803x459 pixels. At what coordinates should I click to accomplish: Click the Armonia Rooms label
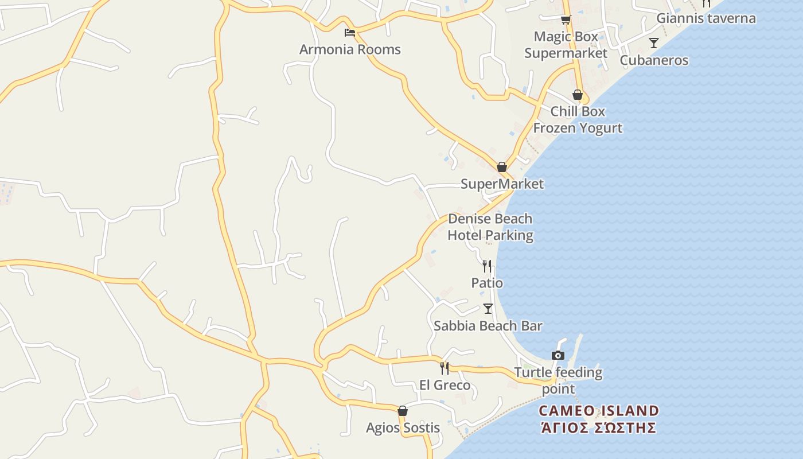tap(350, 49)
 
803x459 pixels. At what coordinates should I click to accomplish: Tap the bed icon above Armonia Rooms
tap(349, 32)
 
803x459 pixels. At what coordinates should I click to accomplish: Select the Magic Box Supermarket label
tap(566, 45)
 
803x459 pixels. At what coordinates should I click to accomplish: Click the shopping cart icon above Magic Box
tap(566, 20)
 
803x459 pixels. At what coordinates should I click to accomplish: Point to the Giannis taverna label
tap(705, 18)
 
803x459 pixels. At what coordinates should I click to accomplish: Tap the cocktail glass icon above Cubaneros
tap(653, 42)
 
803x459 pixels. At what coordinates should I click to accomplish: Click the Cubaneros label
tap(654, 60)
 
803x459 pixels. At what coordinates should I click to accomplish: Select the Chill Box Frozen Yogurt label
tap(578, 119)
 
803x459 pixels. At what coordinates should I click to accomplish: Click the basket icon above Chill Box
tap(577, 95)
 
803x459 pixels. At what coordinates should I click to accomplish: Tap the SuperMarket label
tap(502, 184)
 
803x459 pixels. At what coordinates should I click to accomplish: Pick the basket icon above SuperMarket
tap(502, 167)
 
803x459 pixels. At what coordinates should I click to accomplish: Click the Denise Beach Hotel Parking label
tap(490, 227)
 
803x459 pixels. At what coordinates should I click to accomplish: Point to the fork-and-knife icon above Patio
tap(487, 266)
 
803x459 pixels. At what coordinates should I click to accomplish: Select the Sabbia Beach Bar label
tap(488, 326)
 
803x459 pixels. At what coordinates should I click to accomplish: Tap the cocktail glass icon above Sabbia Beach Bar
tap(488, 309)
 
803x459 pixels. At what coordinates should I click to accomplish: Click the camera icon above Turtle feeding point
tap(558, 355)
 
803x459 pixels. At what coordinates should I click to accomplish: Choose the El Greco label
tap(445, 385)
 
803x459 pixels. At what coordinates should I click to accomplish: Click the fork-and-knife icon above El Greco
tap(445, 368)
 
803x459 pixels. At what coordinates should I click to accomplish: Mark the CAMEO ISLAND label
tap(599, 411)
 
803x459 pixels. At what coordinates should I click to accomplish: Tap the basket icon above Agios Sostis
tap(403, 411)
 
